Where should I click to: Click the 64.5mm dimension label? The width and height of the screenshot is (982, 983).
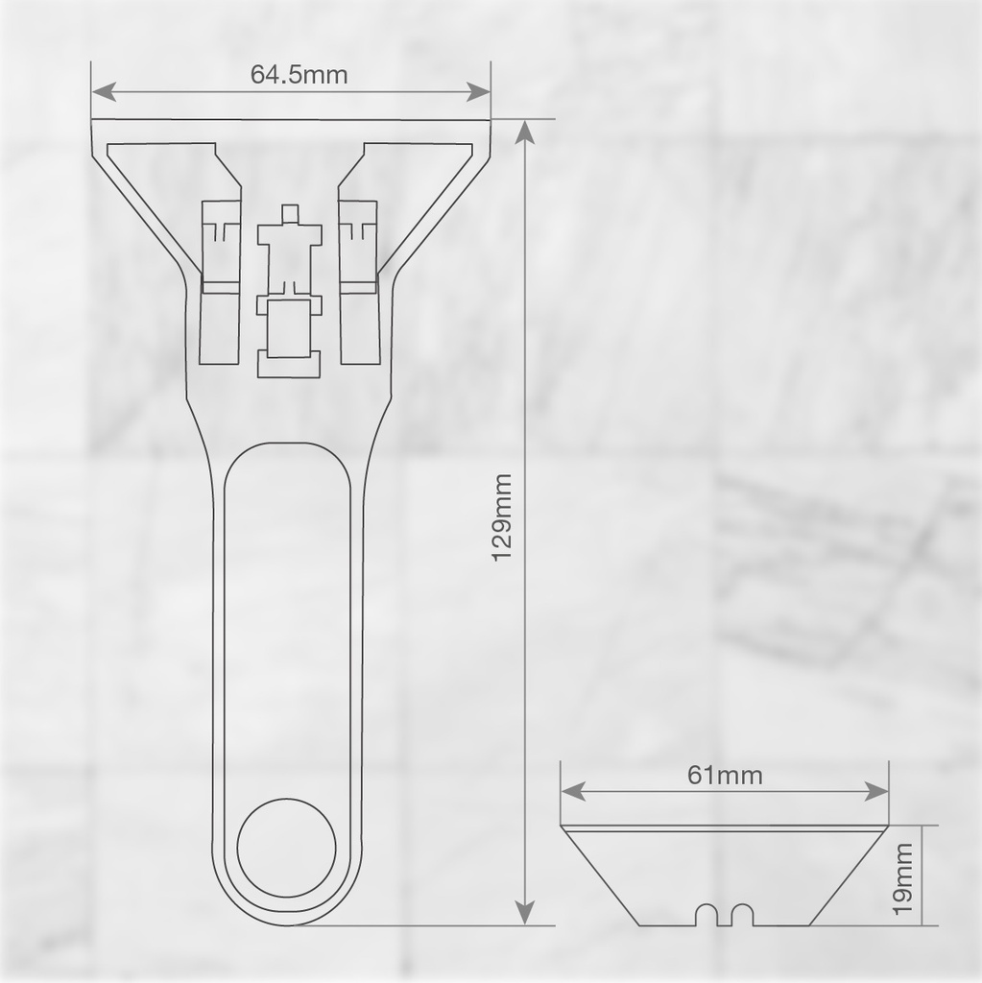pyautogui.click(x=299, y=74)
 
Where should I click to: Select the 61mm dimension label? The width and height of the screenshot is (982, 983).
pyautogui.click(x=725, y=775)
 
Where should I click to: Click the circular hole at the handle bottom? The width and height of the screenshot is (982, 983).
pyautogui.click(x=287, y=848)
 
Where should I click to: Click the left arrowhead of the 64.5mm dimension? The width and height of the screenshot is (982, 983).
pyautogui.click(x=104, y=92)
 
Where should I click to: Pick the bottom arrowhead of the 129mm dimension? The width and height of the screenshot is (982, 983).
pyautogui.click(x=524, y=912)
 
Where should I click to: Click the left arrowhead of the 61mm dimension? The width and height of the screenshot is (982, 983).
pyautogui.click(x=572, y=791)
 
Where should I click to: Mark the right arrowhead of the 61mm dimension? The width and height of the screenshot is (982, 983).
pyautogui.click(x=877, y=791)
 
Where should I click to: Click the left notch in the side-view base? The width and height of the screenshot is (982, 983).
pyautogui.click(x=707, y=914)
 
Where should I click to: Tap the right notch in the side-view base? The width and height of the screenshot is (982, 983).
pyautogui.click(x=741, y=914)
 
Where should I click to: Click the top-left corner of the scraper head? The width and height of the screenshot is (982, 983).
pyautogui.click(x=93, y=122)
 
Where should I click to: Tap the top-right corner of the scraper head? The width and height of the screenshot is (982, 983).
pyautogui.click(x=490, y=122)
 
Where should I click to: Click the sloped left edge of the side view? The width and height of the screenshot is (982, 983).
pyautogui.click(x=601, y=876)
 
